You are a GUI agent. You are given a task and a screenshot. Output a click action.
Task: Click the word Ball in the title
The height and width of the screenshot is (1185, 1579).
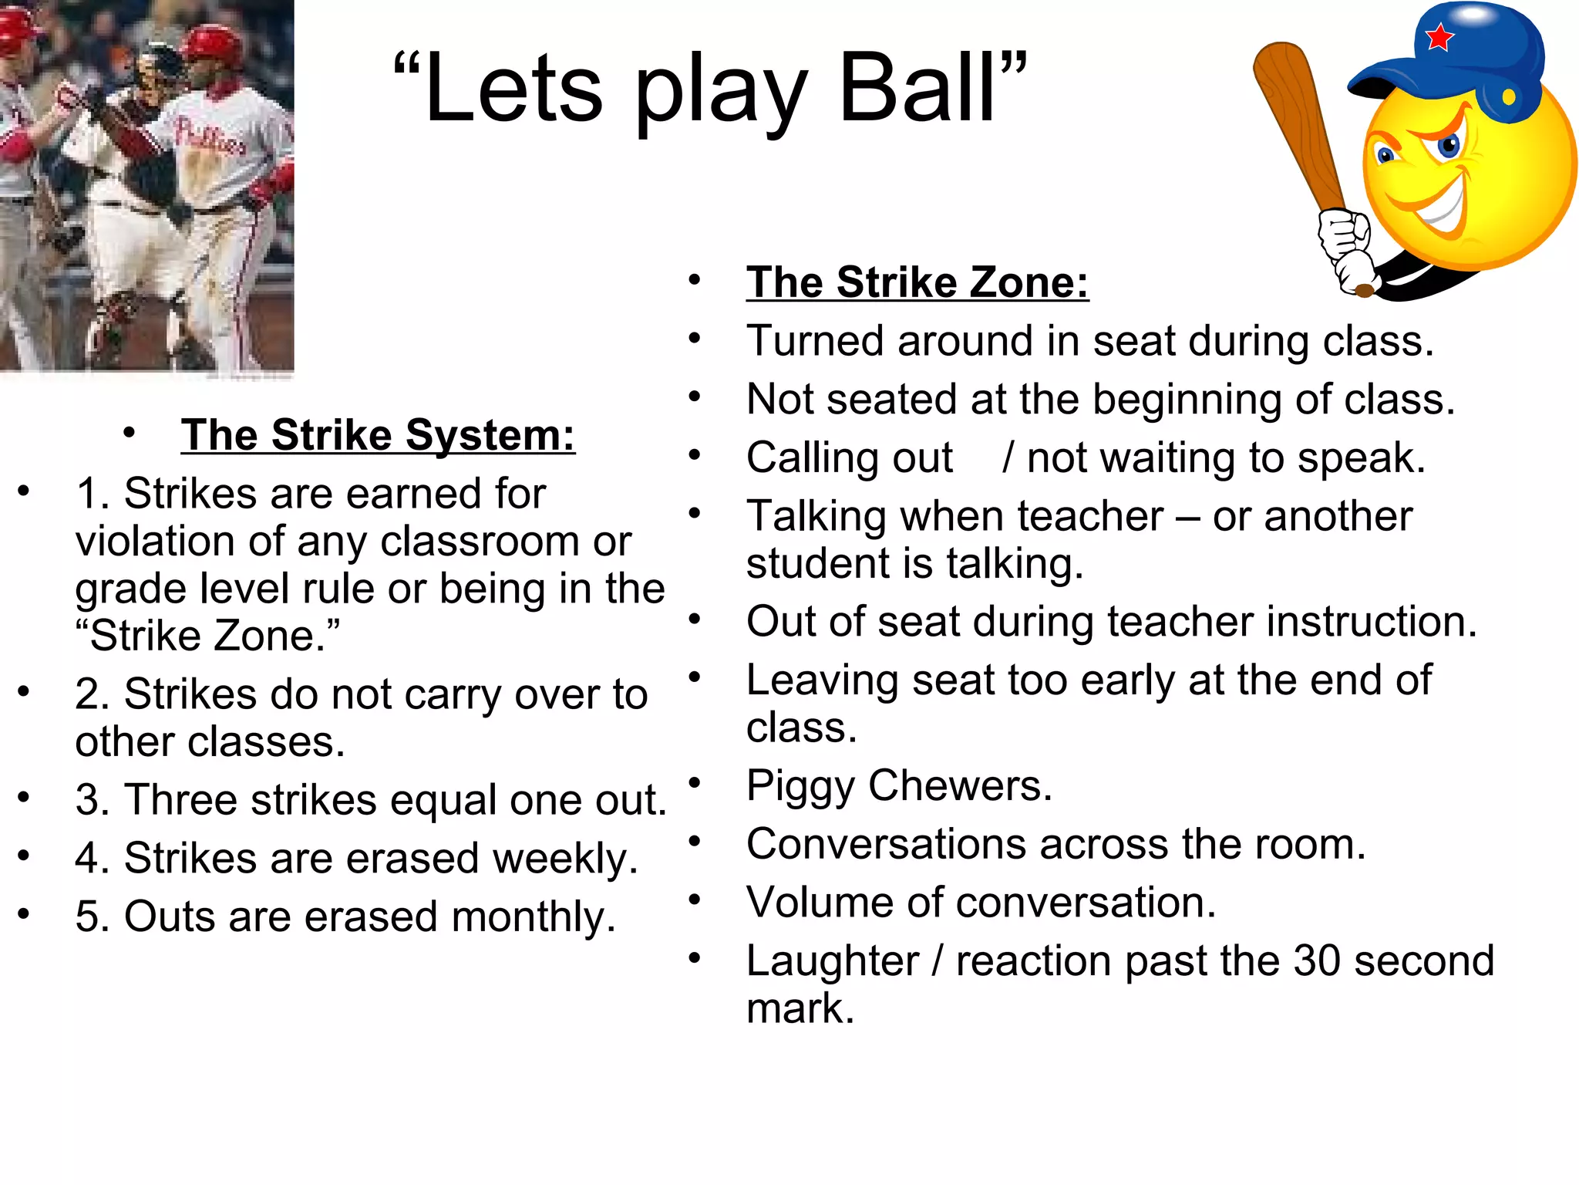[x=916, y=89]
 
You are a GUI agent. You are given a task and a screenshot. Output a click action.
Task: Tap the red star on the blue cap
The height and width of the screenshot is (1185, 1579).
[x=1439, y=37]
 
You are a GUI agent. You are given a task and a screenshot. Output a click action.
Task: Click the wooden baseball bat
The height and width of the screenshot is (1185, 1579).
[x=1295, y=123]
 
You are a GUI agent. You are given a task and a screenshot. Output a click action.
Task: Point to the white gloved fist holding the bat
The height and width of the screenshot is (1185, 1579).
[x=1345, y=239]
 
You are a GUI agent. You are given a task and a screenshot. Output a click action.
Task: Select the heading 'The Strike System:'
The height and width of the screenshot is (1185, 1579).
[x=378, y=435]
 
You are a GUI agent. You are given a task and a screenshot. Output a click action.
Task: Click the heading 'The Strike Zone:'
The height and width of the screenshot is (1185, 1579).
[x=917, y=282]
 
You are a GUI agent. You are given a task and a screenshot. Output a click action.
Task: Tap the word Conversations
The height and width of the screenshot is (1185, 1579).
[x=886, y=844]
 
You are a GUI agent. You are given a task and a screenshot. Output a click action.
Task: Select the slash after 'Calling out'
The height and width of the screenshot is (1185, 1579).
[x=1007, y=458]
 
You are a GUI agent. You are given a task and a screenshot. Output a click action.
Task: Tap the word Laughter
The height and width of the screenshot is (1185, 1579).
[x=832, y=961]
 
